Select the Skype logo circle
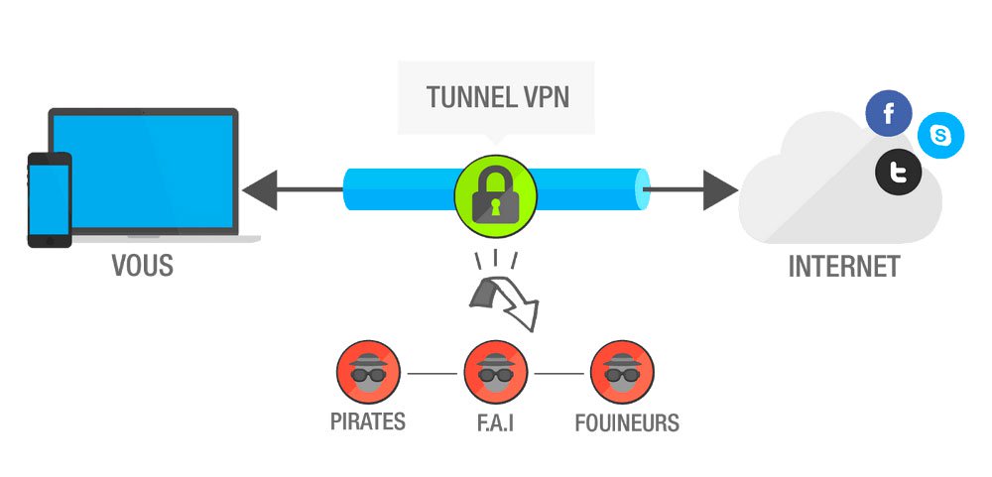(939, 137)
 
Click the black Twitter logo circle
(898, 175)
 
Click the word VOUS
(142, 267)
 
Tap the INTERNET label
(843, 267)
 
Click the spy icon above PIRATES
(368, 373)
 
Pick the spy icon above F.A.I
(494, 373)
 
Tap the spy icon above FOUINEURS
(622, 373)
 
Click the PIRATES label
(368, 421)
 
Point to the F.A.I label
(494, 423)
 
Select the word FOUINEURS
(627, 423)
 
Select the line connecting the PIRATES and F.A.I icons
(432, 374)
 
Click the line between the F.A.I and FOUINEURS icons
(558, 374)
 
